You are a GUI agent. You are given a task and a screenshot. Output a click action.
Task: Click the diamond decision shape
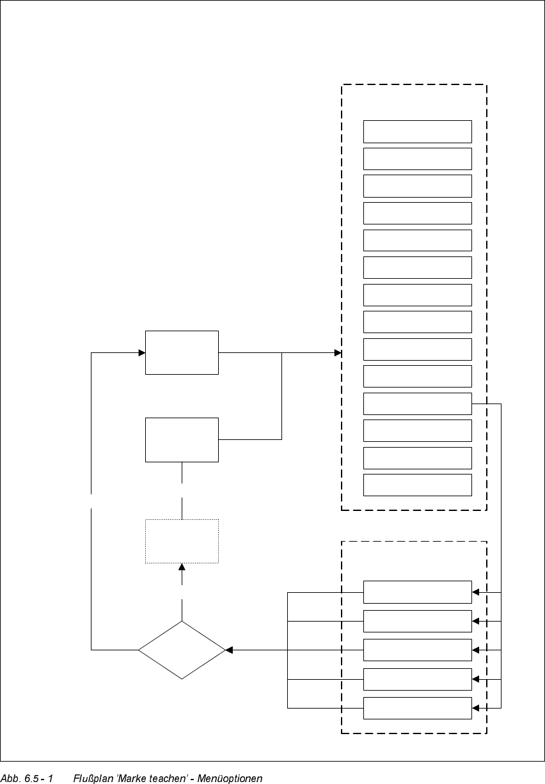click(x=182, y=650)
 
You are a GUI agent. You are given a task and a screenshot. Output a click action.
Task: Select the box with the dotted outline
click(x=182, y=541)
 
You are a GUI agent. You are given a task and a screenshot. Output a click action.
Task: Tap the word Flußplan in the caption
click(x=94, y=778)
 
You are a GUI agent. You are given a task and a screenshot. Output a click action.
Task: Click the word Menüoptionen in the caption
click(x=230, y=778)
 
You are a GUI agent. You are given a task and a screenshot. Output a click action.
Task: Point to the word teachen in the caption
click(x=167, y=778)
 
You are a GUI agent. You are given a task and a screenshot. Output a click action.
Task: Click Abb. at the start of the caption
click(x=10, y=778)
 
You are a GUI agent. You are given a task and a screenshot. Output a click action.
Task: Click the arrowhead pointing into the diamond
click(x=229, y=650)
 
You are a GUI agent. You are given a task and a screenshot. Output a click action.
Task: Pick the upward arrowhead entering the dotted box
click(x=182, y=567)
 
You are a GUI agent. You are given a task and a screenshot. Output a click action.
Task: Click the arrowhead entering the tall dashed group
click(x=338, y=352)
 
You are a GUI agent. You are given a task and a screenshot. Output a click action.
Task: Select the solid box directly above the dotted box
click(x=182, y=439)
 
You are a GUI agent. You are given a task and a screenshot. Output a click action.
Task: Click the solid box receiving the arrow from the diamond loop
click(x=182, y=352)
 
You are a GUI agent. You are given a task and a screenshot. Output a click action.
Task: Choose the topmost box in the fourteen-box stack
click(x=417, y=131)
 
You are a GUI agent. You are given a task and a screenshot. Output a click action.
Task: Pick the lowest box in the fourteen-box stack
click(x=417, y=485)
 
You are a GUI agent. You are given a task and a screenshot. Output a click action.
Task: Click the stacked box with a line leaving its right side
click(x=417, y=404)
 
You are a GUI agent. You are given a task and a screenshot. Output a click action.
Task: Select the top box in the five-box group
click(x=417, y=592)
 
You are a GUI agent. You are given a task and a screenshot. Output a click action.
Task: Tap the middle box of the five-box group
click(x=417, y=650)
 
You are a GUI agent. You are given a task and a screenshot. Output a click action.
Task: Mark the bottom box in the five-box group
click(x=417, y=708)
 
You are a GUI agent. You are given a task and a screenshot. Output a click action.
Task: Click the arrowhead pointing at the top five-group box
click(x=475, y=592)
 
